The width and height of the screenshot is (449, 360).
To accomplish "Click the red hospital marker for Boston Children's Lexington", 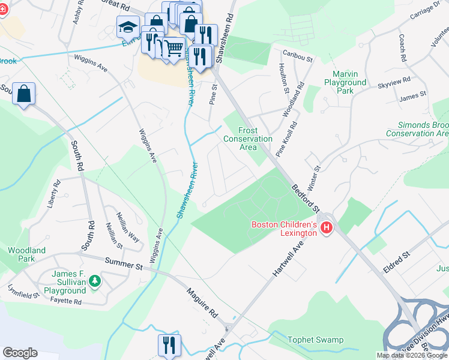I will [327, 227].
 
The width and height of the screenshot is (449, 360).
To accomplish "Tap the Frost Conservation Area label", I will [247, 139].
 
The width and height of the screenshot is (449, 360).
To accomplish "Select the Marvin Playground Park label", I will [345, 82].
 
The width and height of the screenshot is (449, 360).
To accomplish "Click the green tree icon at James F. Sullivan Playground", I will [94, 280].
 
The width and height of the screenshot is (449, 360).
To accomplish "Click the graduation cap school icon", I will [128, 27].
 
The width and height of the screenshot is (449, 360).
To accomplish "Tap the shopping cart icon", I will [173, 47].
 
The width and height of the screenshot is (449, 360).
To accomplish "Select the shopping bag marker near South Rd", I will [23, 94].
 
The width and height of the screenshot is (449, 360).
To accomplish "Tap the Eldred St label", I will [397, 263].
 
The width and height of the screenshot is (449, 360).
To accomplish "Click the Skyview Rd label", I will [394, 82].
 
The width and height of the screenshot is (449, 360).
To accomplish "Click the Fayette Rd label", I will [65, 301].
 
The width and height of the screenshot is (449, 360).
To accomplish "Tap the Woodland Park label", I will [26, 254].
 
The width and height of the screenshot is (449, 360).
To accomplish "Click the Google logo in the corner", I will [20, 353].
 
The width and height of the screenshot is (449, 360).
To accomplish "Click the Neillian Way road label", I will [127, 229].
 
